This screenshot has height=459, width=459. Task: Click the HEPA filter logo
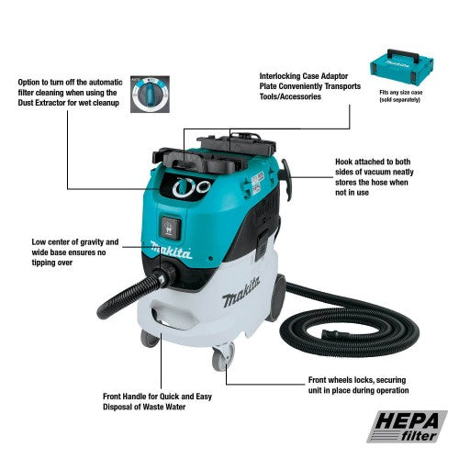point(407,427)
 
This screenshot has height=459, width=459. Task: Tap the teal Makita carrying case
point(402,66)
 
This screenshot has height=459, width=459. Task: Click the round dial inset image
point(150,95)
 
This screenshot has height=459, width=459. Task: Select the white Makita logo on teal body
point(171,251)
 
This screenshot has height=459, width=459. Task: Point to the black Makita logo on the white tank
point(241,292)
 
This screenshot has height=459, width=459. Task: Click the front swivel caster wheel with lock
point(223,356)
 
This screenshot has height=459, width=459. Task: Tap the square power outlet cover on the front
point(171,228)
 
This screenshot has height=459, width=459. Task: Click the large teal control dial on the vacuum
point(184,187)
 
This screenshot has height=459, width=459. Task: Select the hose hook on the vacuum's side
point(286,180)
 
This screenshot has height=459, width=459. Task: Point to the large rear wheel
point(277,297)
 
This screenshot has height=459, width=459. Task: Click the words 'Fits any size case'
point(401,93)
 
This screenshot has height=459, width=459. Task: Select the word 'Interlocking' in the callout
point(279,76)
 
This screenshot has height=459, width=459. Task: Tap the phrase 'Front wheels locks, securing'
point(357,380)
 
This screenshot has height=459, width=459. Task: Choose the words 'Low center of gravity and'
point(75,242)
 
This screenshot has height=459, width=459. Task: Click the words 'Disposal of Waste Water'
point(144,407)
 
